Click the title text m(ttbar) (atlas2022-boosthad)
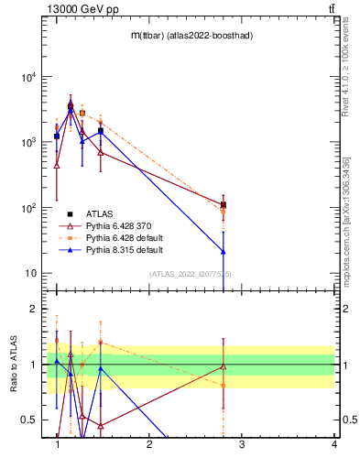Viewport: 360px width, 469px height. pyautogui.click(x=191, y=35)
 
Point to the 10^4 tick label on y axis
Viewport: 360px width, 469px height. pyautogui.click(x=27, y=77)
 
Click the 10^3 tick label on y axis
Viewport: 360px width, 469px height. pyautogui.click(x=27, y=143)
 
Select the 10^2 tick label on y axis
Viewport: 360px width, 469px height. pyautogui.click(x=27, y=208)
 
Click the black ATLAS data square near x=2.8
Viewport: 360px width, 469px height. pyautogui.click(x=224, y=204)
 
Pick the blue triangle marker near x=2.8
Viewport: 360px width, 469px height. pyautogui.click(x=224, y=251)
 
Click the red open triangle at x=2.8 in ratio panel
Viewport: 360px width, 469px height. pyautogui.click(x=224, y=366)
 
